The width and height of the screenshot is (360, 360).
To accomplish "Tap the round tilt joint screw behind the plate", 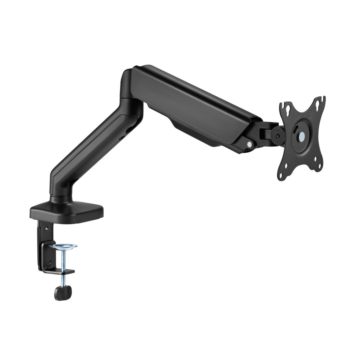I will point(278,135).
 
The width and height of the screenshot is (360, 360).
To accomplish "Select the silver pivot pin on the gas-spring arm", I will point(249,144).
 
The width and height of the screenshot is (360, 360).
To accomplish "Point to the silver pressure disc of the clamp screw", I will point(63,246).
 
